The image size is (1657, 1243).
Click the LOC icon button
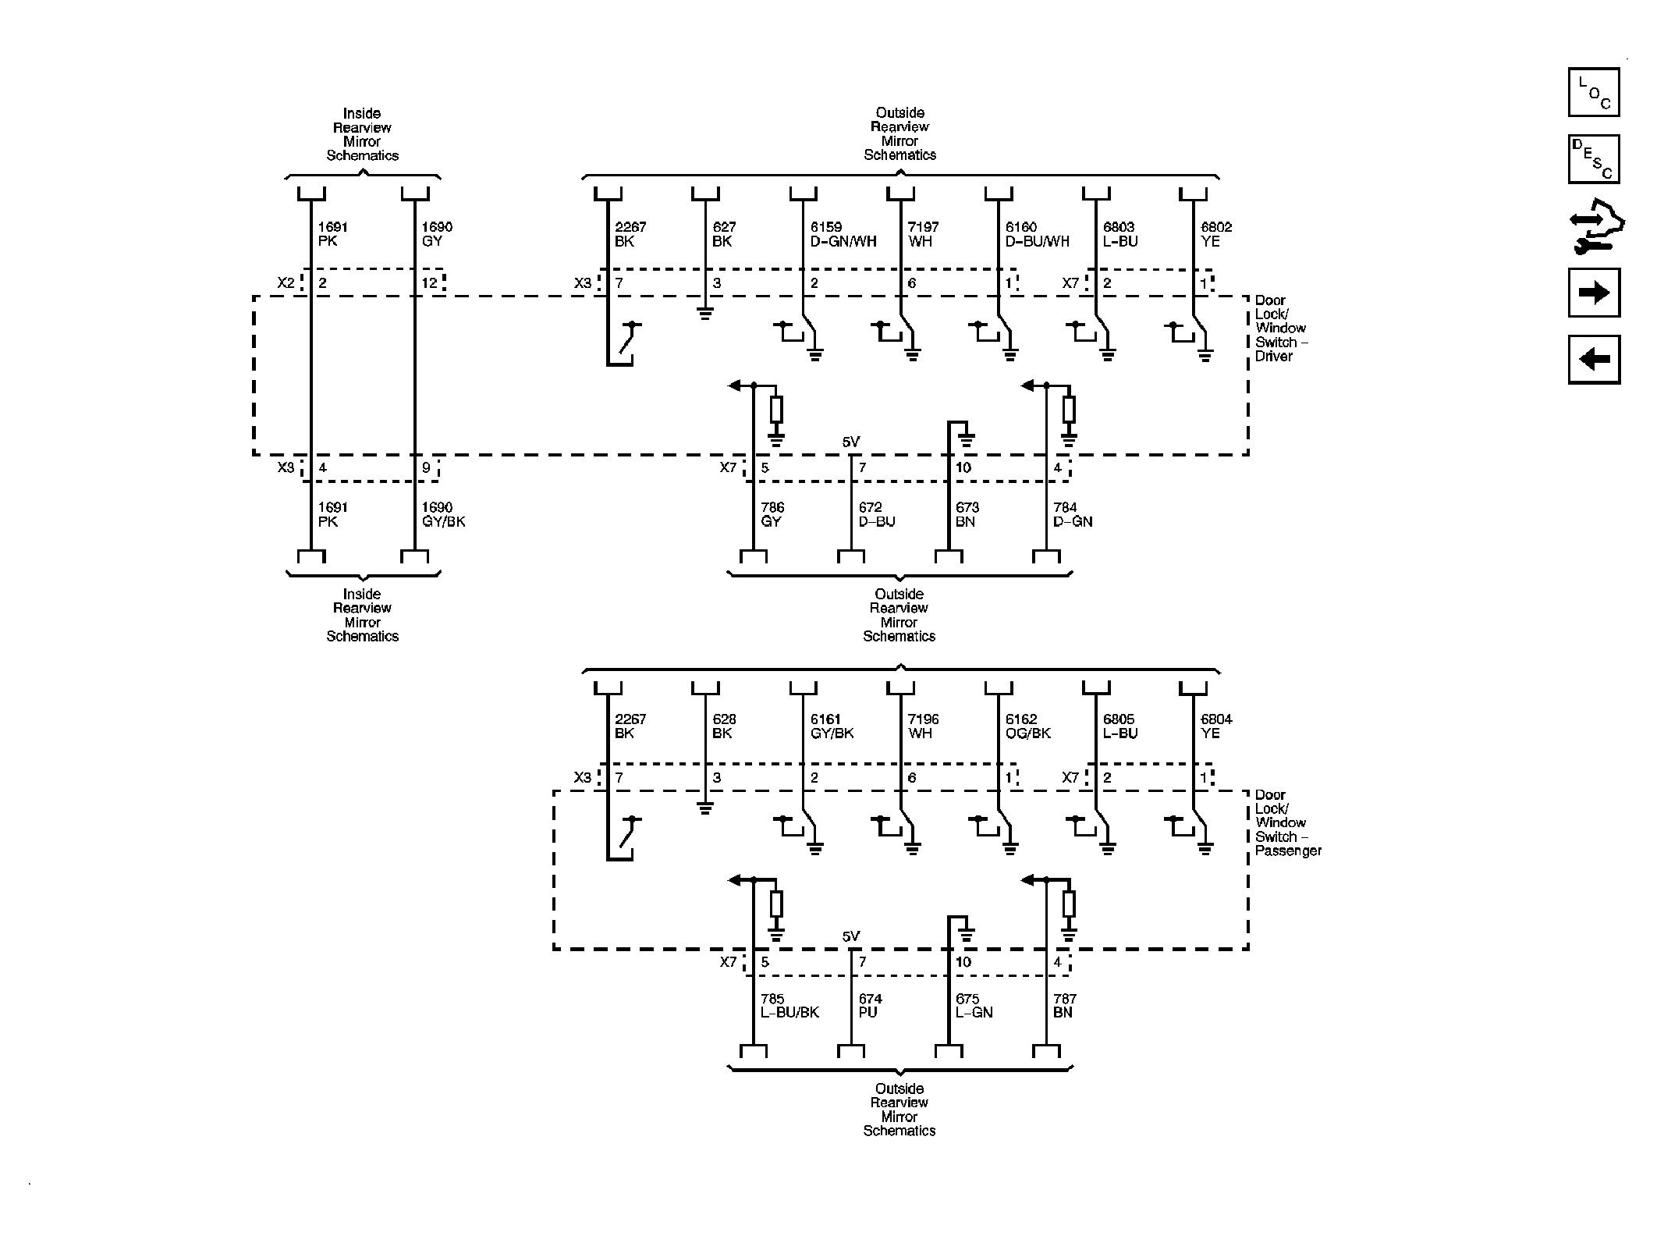coord(1593,92)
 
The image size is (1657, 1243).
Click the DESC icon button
coord(1593,159)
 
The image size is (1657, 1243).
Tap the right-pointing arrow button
coord(1593,293)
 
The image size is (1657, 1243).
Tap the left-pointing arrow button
coord(1593,360)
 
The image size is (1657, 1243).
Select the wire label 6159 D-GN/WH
coord(843,234)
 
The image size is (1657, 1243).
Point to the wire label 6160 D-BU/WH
coord(1037,234)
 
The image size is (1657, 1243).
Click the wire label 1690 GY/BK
coord(443,514)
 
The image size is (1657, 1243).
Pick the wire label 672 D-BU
coord(876,514)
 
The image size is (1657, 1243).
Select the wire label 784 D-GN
coord(1072,514)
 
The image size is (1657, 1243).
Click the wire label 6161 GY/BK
coord(832,726)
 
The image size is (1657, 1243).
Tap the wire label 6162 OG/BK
coord(1027,726)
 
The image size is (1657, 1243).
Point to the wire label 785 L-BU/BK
coord(789,1006)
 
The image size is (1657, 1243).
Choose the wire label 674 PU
coord(870,1006)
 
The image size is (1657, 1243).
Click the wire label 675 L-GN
coord(974,1006)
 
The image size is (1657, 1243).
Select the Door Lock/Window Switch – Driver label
coord(1280,329)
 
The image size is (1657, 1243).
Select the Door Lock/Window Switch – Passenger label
coord(1287,823)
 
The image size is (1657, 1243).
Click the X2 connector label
coord(286,282)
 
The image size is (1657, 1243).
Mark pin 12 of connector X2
coord(430,283)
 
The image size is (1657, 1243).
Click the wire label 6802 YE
coord(1216,234)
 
